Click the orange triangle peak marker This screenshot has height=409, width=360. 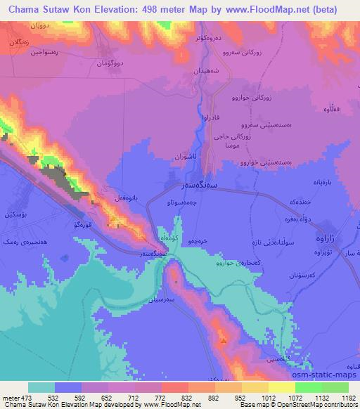click(x=224, y=340)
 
